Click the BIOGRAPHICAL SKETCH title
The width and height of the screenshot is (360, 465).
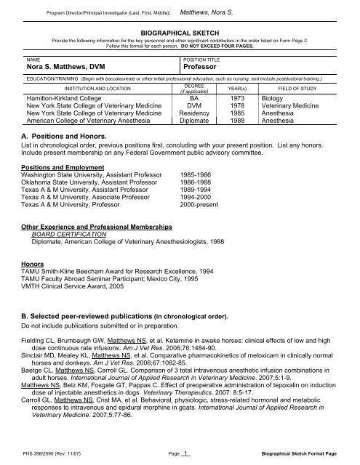pyautogui.click(x=180, y=33)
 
